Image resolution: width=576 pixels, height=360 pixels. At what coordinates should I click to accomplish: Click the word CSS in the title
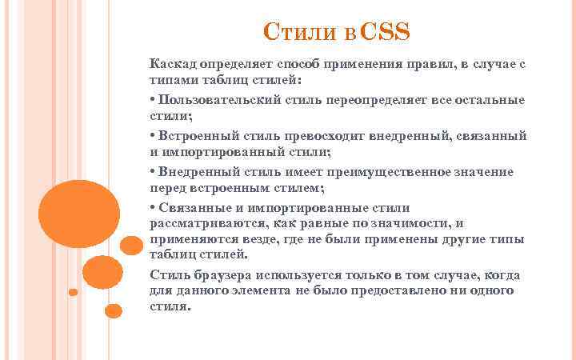coord(386,33)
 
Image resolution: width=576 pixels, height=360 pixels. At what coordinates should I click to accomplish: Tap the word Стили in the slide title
coord(293,34)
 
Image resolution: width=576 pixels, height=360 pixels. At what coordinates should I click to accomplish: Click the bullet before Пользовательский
coord(152,100)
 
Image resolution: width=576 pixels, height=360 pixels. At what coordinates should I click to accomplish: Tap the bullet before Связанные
coord(152,208)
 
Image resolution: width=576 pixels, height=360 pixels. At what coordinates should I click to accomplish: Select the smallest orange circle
coord(74,292)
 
